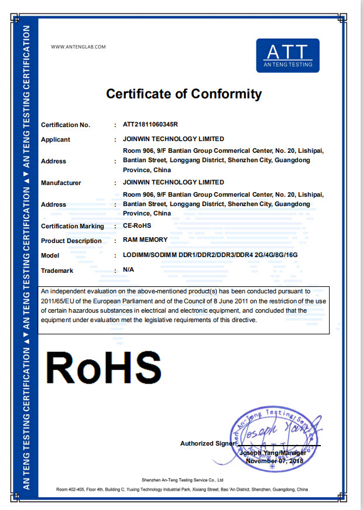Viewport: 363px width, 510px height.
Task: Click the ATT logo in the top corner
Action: click(288, 56)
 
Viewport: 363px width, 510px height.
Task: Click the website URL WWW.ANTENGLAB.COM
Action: click(78, 47)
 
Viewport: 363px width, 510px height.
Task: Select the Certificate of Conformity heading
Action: click(184, 94)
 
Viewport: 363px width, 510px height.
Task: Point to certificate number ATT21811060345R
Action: click(150, 125)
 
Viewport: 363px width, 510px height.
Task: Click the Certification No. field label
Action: click(66, 125)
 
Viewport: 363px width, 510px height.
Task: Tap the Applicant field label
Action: click(56, 139)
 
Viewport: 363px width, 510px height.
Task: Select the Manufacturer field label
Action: click(61, 183)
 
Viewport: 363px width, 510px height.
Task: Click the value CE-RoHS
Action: click(138, 226)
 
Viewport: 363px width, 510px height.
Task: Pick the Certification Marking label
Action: click(73, 226)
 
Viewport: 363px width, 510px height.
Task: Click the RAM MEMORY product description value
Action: click(145, 239)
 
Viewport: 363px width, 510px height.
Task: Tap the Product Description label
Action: click(71, 241)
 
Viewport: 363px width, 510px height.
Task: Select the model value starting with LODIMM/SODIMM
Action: click(210, 255)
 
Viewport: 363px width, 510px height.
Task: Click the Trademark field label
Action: click(57, 271)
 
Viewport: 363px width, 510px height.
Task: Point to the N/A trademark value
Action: click(129, 269)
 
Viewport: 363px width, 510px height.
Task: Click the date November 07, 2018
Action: click(275, 461)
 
